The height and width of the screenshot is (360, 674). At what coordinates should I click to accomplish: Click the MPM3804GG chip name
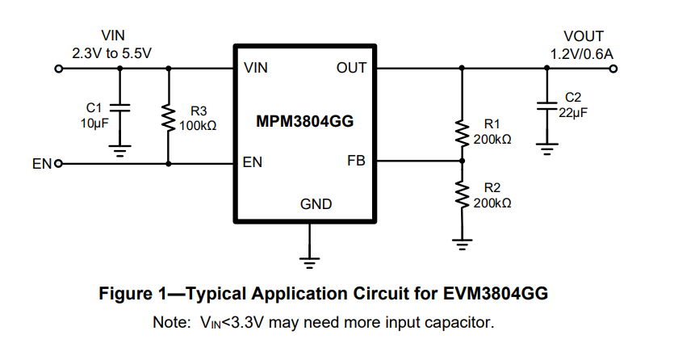[305, 122]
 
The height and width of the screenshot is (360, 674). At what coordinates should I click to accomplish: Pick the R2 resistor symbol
[463, 194]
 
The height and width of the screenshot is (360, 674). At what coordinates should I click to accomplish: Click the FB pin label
[356, 161]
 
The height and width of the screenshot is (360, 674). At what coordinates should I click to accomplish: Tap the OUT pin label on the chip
[351, 69]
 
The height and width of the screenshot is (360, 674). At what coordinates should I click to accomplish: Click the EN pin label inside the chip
[253, 163]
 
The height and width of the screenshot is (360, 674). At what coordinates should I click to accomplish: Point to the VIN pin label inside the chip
[256, 69]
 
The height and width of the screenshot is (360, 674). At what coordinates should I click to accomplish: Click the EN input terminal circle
[59, 164]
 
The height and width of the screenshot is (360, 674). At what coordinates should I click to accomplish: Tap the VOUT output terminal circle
[615, 69]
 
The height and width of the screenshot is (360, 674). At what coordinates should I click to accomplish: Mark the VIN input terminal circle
[58, 69]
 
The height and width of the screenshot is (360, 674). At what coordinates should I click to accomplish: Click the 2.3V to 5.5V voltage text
[112, 52]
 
